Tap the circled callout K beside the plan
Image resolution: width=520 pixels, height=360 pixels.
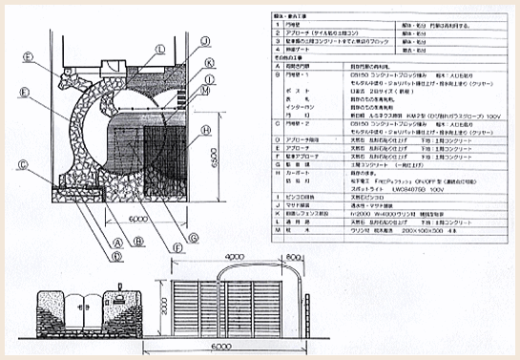[x=208, y=60]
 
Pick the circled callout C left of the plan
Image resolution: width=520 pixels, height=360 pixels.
[x=21, y=161]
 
